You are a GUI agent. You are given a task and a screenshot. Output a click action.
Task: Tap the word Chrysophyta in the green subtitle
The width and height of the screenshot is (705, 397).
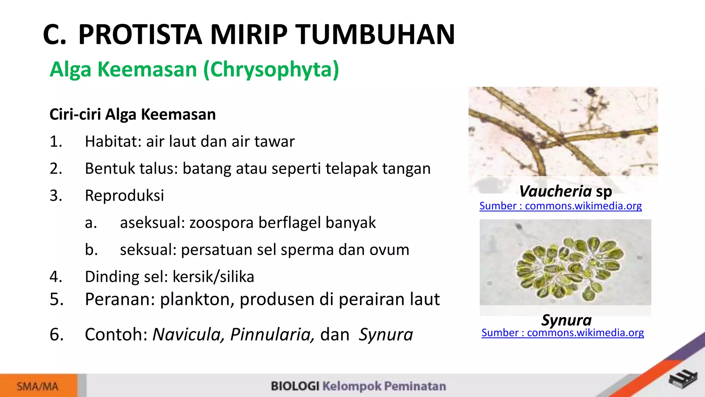pyautogui.click(x=271, y=70)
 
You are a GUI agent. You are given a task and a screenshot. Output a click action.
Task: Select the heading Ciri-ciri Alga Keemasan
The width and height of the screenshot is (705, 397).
pyautogui.click(x=133, y=114)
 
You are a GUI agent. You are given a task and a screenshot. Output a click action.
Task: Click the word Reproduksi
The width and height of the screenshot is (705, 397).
pyautogui.click(x=124, y=195)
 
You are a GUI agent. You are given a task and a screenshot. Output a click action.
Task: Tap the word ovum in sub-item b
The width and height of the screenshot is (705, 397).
pyautogui.click(x=389, y=250)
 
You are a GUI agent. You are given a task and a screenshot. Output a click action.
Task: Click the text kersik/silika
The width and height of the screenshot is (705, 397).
pyautogui.click(x=213, y=277)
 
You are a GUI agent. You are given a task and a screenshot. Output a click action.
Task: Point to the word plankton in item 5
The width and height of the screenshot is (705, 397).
pyautogui.click(x=197, y=299)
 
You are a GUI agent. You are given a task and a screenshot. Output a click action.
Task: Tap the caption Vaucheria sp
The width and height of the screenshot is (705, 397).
pyautogui.click(x=565, y=191)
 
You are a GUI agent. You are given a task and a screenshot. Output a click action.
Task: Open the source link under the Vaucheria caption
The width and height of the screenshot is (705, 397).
pyautogui.click(x=560, y=206)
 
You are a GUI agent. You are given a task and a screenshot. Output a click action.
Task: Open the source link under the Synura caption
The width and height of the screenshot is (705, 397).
pyautogui.click(x=562, y=333)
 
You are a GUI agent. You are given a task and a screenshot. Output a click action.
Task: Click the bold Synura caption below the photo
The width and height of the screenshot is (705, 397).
pyautogui.click(x=566, y=320)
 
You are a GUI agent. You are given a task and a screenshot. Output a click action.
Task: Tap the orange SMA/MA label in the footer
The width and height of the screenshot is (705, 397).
pyautogui.click(x=38, y=386)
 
